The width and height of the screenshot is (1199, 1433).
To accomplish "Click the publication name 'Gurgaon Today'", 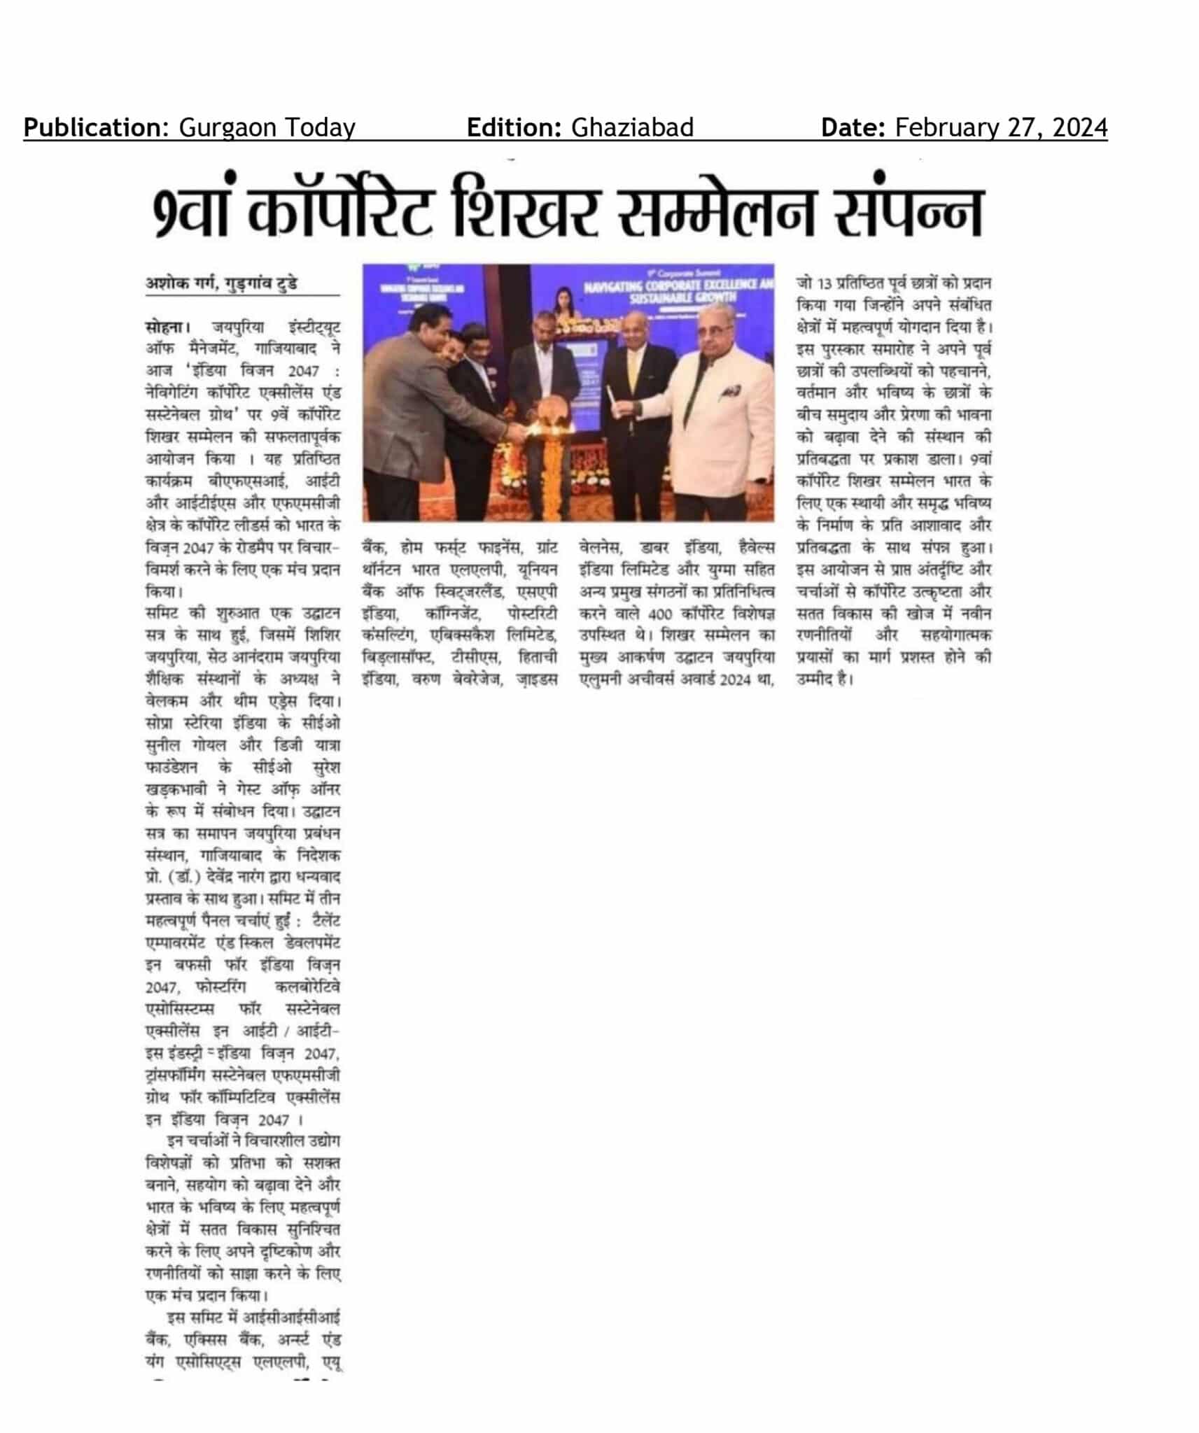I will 267,128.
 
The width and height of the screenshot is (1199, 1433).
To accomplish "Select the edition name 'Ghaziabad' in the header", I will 632,128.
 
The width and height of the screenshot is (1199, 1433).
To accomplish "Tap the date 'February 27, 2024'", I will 1001,128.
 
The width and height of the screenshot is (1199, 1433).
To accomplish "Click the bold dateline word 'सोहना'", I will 165,327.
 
